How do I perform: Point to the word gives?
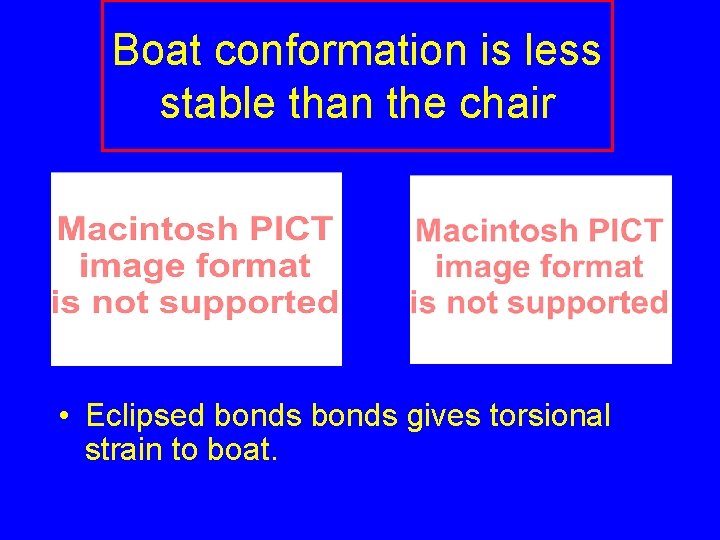click(x=444, y=416)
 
